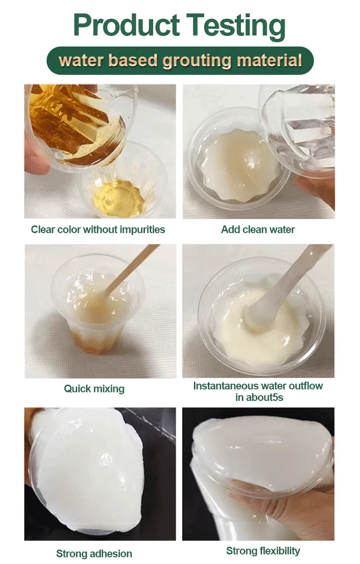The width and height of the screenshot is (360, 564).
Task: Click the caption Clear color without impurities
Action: pos(98,230)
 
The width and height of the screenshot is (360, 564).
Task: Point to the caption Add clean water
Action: pos(258,230)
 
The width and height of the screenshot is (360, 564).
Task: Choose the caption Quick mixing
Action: pos(94,388)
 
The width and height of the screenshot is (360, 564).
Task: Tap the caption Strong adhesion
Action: pos(94,553)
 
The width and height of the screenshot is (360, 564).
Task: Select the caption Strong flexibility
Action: pos(263,551)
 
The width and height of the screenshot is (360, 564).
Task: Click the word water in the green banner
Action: pos(78,60)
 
